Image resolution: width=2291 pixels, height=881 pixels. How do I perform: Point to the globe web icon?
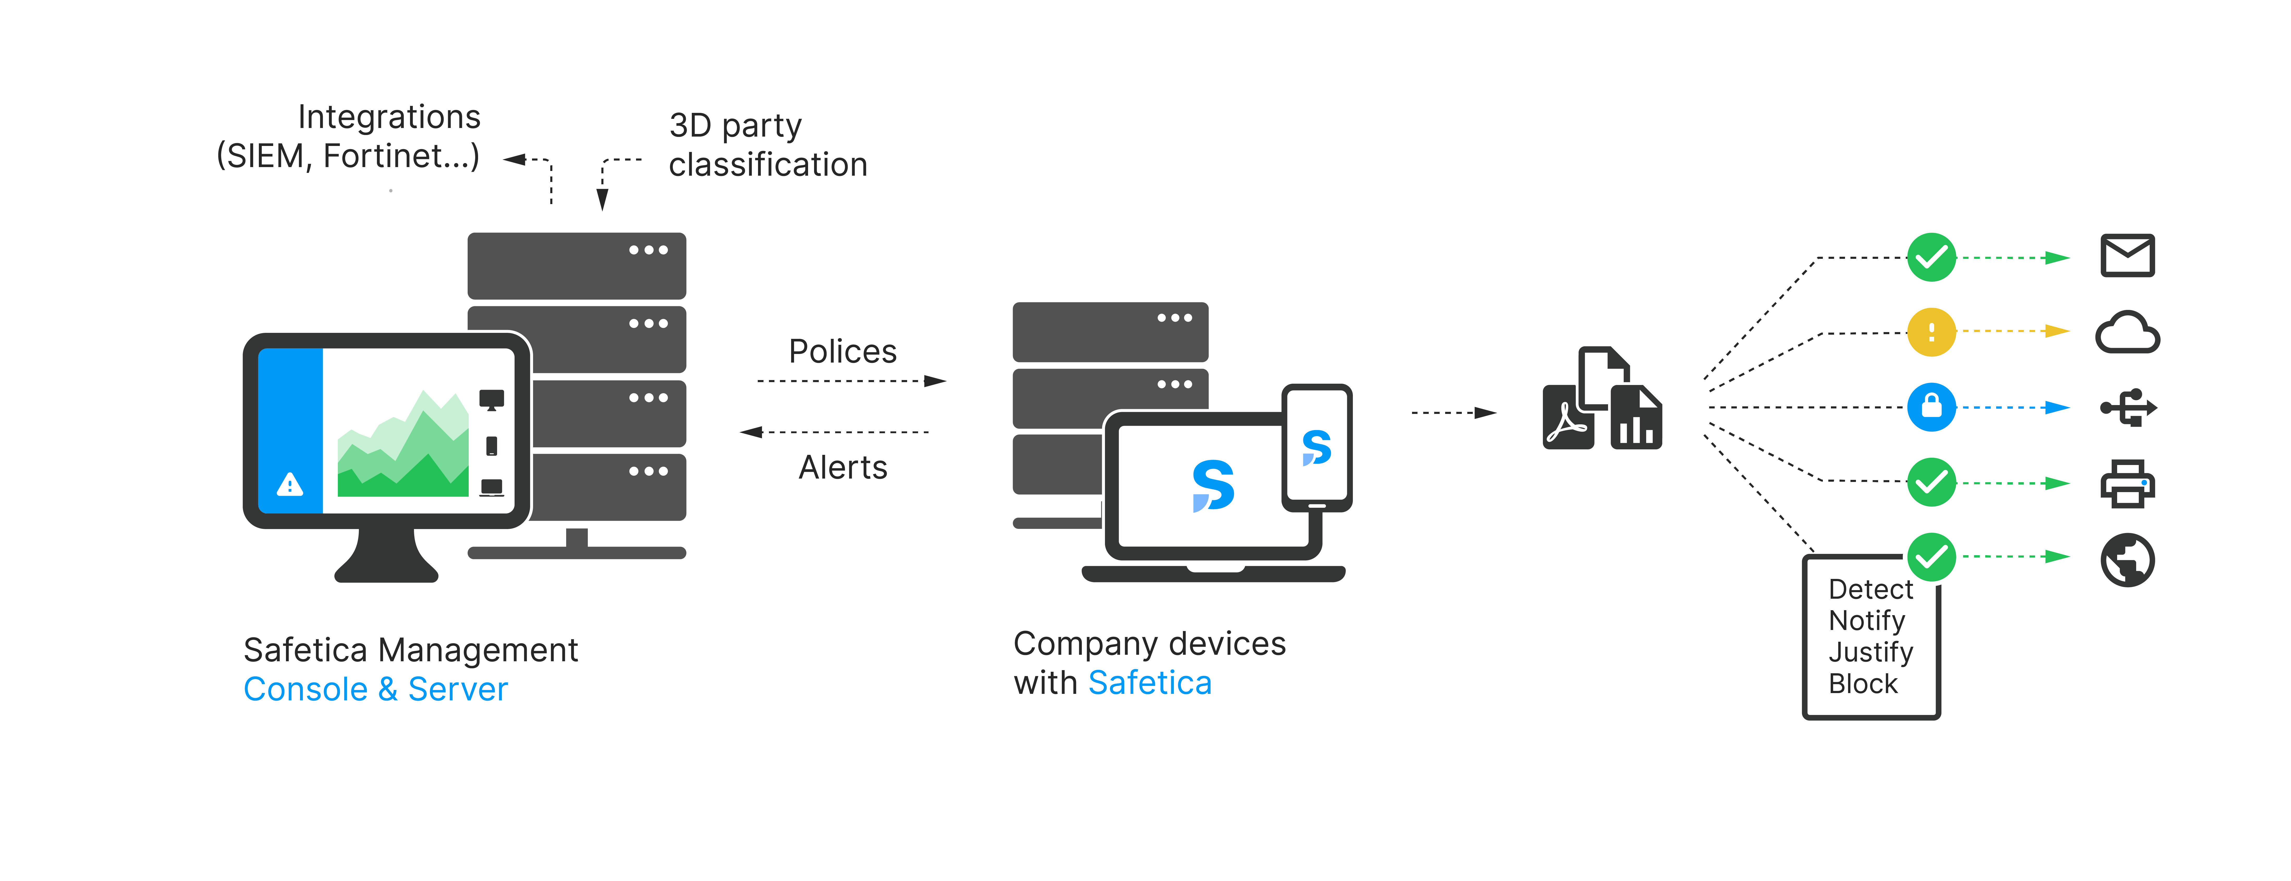2127,560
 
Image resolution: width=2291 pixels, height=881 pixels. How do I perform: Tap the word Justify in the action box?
1870,652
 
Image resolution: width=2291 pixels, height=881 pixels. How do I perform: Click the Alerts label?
842,468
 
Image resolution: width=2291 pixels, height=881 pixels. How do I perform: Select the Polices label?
842,351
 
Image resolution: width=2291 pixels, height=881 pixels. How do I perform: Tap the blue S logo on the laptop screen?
1213,485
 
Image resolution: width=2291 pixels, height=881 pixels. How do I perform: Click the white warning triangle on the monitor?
290,485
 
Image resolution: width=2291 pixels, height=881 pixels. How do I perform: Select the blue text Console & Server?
375,690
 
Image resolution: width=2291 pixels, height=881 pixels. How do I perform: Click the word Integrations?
389,117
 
